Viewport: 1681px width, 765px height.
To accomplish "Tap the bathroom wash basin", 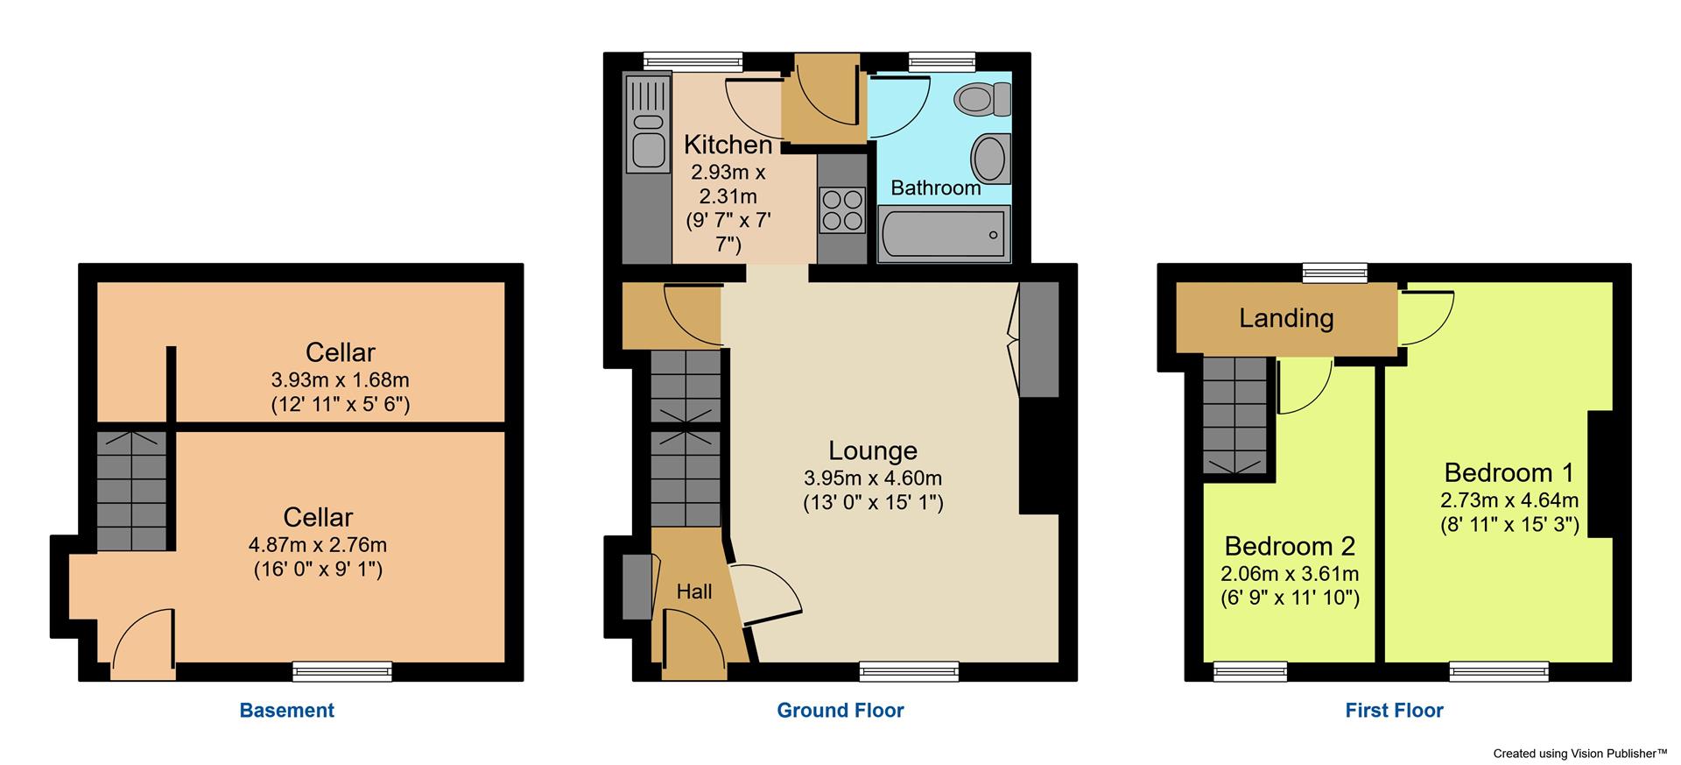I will (x=990, y=159).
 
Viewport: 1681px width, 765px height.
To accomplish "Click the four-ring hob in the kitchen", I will (x=841, y=210).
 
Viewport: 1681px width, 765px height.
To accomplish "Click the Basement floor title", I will (x=286, y=710).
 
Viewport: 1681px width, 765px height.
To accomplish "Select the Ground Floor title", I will (x=840, y=710).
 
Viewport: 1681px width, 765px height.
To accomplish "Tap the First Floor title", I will (x=1394, y=710).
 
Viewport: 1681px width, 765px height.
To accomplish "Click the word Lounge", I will (x=872, y=450).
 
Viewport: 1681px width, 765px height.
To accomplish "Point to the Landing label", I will (x=1285, y=317).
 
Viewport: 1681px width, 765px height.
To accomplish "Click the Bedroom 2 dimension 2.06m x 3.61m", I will (x=1290, y=574).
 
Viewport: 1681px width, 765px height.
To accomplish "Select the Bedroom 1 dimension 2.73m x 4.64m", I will (x=1509, y=500).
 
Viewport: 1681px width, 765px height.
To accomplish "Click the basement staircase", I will (x=130, y=491).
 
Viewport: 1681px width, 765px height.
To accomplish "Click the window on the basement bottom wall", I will (x=341, y=671).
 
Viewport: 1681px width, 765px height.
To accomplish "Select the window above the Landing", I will (x=1334, y=273).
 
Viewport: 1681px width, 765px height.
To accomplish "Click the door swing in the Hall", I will (x=692, y=644).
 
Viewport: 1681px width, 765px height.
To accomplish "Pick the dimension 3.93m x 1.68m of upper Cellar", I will (x=340, y=380).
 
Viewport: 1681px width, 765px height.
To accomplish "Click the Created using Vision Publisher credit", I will (x=1579, y=753).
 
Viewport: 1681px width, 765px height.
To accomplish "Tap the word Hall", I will (x=693, y=591).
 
